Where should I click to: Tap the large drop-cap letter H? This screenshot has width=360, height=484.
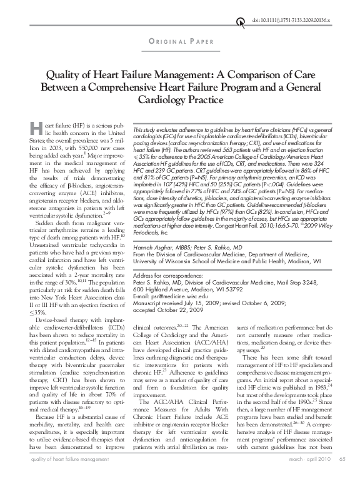coord(34,130)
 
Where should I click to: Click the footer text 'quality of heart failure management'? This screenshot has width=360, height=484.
coord(59,477)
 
